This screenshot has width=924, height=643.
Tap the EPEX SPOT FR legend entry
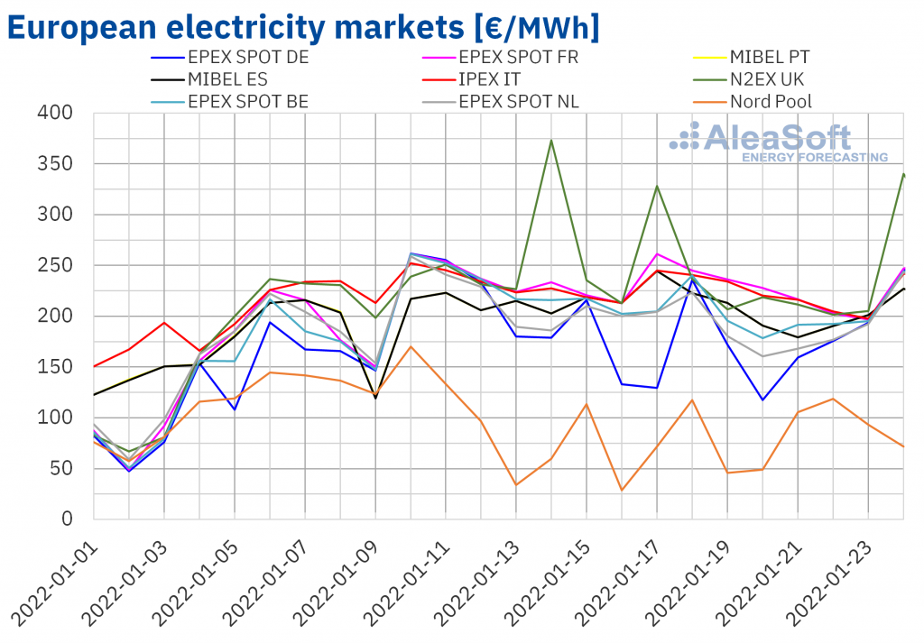519,57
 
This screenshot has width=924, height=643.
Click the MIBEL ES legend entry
223,79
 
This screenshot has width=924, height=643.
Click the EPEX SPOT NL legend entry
519,101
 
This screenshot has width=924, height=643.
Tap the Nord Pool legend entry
771,101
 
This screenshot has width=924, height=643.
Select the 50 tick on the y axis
66,468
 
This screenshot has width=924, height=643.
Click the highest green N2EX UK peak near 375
551,140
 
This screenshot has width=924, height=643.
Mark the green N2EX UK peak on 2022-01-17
657,186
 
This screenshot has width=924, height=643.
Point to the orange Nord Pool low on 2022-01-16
622,490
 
